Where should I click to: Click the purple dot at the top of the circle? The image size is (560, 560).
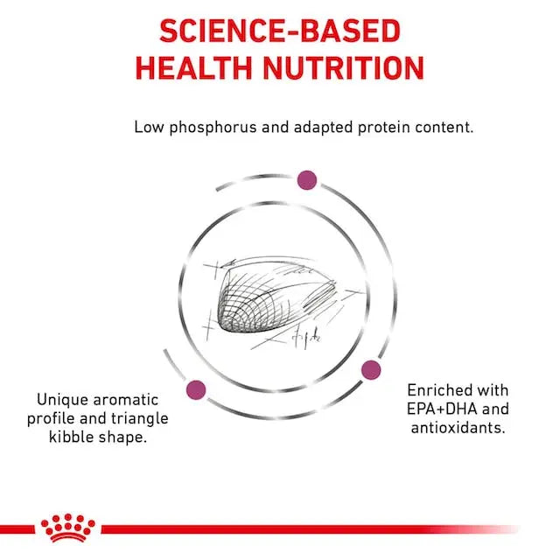click(x=306, y=179)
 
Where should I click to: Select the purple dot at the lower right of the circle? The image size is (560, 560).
click(x=371, y=369)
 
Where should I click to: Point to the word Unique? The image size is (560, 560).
click(x=56, y=400)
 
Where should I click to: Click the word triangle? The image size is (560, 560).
click(x=142, y=418)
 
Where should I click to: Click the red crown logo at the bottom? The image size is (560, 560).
click(x=67, y=528)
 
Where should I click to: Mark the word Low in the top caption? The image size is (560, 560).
click(x=149, y=127)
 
